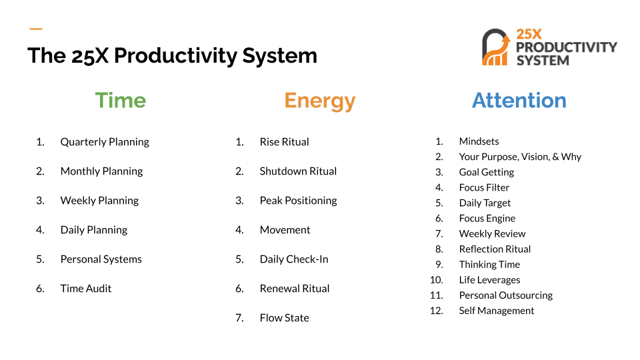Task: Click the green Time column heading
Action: (121, 101)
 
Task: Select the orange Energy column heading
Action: (319, 101)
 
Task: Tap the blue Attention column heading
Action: (519, 101)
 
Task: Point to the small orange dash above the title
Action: (36, 29)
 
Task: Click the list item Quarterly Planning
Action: (105, 142)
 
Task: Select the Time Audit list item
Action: (86, 289)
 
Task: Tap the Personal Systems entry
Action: (101, 259)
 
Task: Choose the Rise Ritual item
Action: (285, 142)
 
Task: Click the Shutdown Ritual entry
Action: (299, 171)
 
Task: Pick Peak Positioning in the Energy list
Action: (299, 201)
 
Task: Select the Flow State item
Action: (285, 318)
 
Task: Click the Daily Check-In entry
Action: (294, 259)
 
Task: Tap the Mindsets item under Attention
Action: (479, 141)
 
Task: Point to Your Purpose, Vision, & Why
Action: (520, 157)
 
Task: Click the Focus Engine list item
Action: (487, 219)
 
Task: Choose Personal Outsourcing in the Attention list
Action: (506, 295)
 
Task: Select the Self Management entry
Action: (496, 311)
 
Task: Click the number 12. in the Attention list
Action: (436, 311)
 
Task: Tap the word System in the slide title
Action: (279, 55)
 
